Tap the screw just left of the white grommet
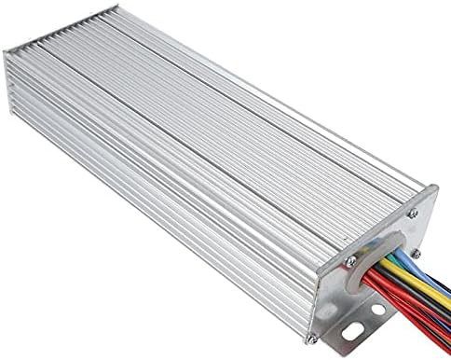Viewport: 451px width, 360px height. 351,260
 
